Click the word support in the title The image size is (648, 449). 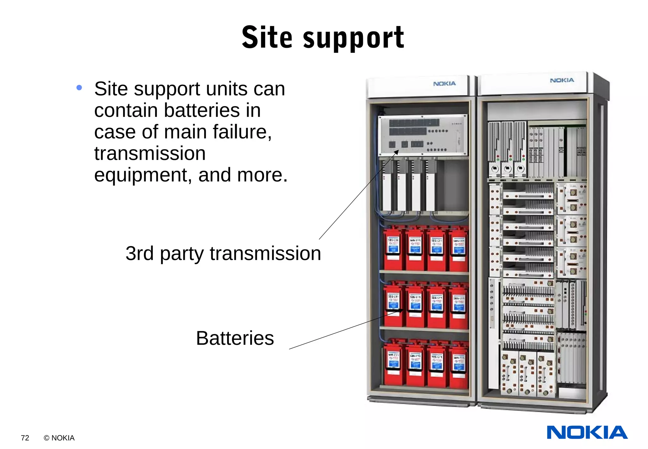coord(353,39)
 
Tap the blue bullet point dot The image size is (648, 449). coord(79,88)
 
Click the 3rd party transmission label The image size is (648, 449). coord(223,253)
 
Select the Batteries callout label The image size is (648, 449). coord(235,338)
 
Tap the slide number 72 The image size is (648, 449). coord(25,438)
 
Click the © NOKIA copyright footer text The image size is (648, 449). coord(59,438)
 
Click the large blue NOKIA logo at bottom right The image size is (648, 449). coord(587,433)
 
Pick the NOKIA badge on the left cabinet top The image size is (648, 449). coord(444,84)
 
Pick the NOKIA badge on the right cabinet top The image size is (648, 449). coord(562,80)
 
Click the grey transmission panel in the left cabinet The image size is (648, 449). coord(422,135)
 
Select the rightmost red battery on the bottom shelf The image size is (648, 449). coord(458,366)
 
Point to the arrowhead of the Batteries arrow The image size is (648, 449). coord(401,311)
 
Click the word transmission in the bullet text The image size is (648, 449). coord(150,154)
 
